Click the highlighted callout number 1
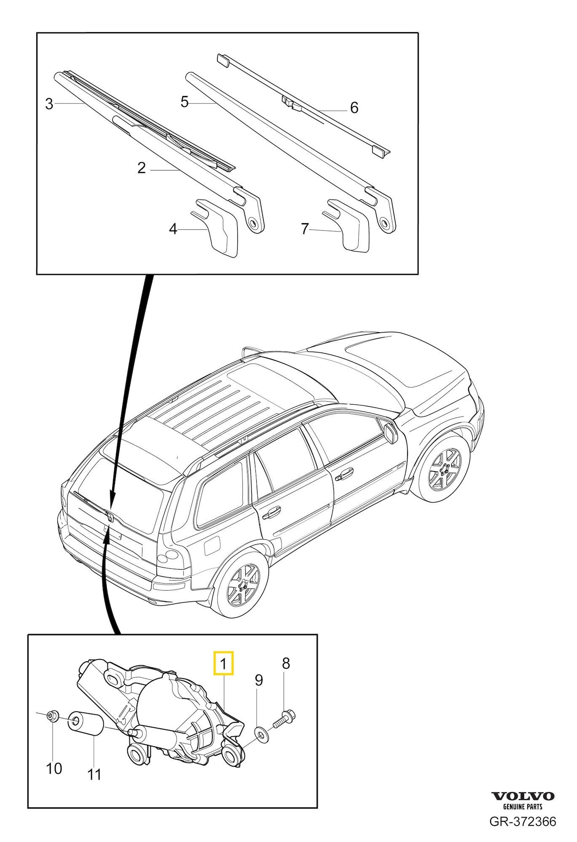[x=223, y=664]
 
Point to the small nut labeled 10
[x=53, y=715]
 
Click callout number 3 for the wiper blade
[x=49, y=104]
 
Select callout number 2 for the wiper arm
[x=142, y=168]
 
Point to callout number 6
[x=354, y=108]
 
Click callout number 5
[x=184, y=102]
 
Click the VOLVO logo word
[x=523, y=796]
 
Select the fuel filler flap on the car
[x=211, y=546]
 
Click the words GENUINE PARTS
[x=523, y=807]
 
